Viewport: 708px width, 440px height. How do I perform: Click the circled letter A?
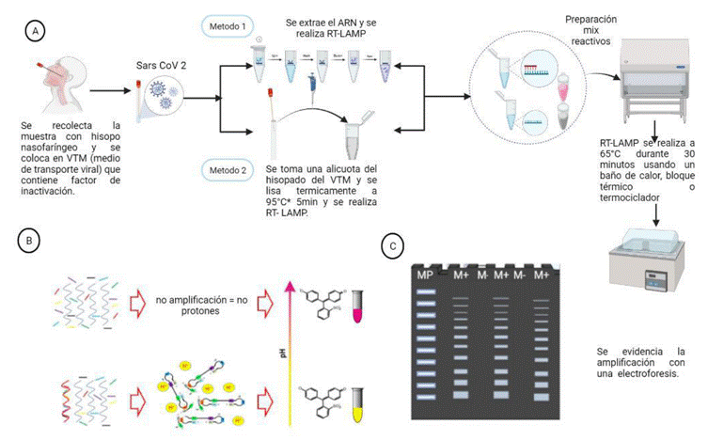click(x=35, y=31)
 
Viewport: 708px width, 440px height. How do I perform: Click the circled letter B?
click(x=31, y=240)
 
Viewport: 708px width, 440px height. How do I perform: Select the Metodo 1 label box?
click(x=227, y=26)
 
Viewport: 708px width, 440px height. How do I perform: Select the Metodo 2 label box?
click(x=228, y=170)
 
